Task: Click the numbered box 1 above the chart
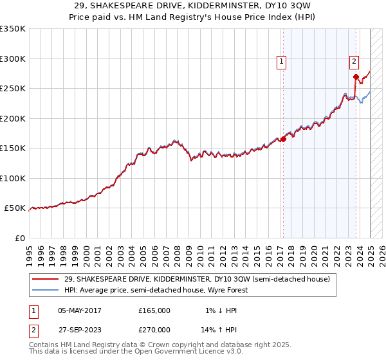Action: pyautogui.click(x=282, y=62)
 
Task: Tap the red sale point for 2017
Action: pyautogui.click(x=283, y=139)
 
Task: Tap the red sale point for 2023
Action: pyautogui.click(x=356, y=76)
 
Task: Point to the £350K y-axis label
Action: pyautogui.click(x=13, y=29)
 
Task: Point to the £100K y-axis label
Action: pyautogui.click(x=13, y=178)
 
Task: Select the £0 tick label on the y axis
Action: pyautogui.click(x=20, y=238)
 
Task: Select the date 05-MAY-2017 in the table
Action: pyautogui.click(x=80, y=310)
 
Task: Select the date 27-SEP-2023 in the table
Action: pyautogui.click(x=80, y=330)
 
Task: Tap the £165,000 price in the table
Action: pyautogui.click(x=154, y=310)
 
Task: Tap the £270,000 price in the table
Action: pyautogui.click(x=154, y=330)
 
